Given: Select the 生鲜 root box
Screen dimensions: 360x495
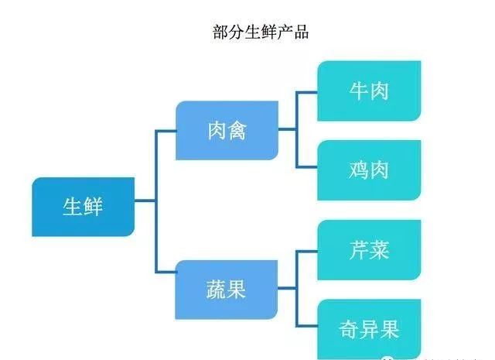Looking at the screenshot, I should [83, 207].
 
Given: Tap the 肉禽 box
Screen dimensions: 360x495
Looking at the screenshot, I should [227, 130].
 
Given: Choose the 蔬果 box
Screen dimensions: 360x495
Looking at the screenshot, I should [227, 290].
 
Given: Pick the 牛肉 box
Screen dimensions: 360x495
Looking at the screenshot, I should [368, 91].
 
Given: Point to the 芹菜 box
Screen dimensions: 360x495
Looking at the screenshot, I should [368, 249].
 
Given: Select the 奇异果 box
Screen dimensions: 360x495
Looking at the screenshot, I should [368, 330].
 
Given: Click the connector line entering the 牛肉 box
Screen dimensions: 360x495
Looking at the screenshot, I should [307, 91].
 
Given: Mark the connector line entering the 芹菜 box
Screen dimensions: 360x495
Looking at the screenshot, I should [307, 250].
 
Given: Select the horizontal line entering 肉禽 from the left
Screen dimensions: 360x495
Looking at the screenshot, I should [166, 130].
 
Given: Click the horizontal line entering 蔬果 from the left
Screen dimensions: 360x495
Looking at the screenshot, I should [166, 272].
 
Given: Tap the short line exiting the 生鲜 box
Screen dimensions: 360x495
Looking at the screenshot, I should [145, 202].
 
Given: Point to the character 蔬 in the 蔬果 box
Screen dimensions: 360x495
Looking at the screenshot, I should [217, 290].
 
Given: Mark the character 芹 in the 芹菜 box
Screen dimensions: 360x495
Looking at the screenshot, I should [358, 249].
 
